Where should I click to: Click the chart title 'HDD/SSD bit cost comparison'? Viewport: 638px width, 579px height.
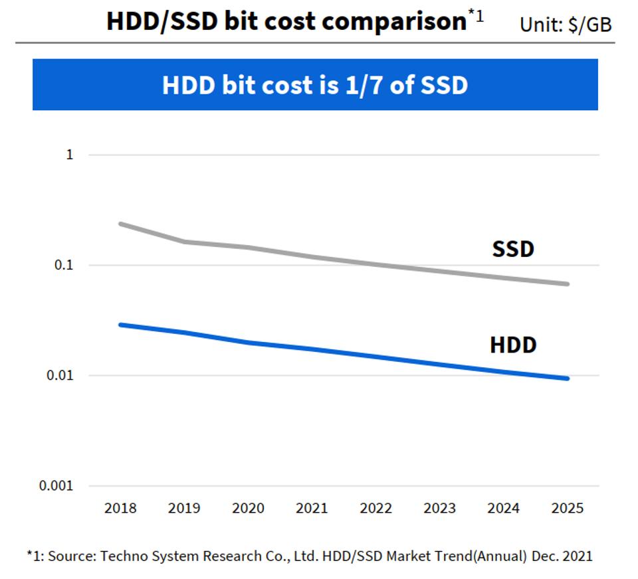[x=286, y=21]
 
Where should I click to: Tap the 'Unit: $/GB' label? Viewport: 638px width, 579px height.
[x=566, y=25]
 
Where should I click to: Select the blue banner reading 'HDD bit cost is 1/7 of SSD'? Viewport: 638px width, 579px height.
[x=315, y=84]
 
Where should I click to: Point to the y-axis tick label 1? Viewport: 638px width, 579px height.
[x=69, y=155]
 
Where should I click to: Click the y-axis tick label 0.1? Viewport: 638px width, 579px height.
[x=64, y=265]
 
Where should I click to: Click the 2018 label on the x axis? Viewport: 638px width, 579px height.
[x=120, y=509]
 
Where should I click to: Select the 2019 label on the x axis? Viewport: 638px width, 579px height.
[x=184, y=509]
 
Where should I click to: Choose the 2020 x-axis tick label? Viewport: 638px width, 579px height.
[x=248, y=509]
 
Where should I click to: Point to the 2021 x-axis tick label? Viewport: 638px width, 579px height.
[x=312, y=509]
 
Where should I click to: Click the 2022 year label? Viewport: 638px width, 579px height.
[x=376, y=509]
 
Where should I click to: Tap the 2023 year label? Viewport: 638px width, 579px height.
[x=440, y=509]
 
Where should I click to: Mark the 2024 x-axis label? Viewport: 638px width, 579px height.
[x=504, y=509]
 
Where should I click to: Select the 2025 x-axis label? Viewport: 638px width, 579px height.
[x=568, y=509]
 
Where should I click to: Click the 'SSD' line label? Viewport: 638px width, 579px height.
[x=513, y=250]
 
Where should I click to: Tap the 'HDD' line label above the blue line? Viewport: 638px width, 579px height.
[x=513, y=345]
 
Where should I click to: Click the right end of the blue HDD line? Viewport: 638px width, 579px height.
[x=568, y=378]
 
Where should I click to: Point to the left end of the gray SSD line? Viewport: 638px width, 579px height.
[x=121, y=224]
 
